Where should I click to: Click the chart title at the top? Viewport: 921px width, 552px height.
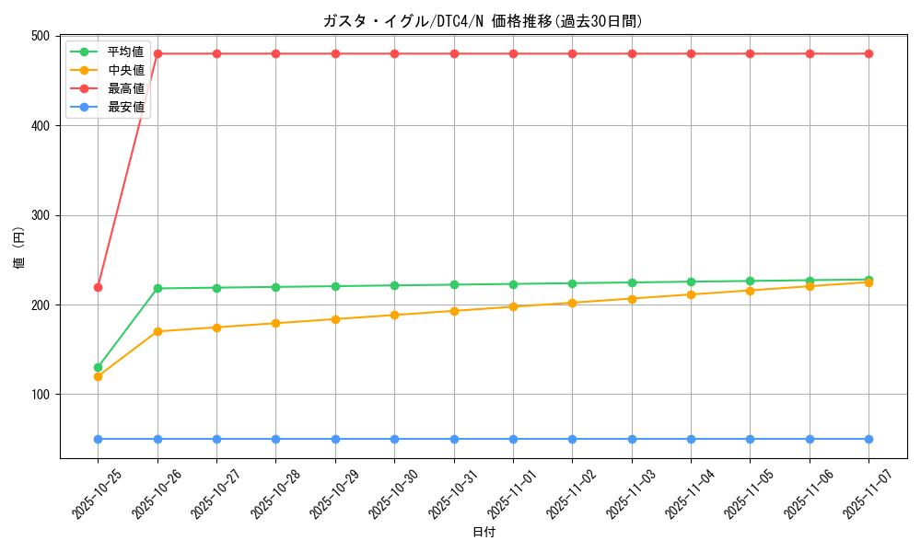coord(483,21)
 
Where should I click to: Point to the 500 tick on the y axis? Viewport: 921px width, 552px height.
coord(41,36)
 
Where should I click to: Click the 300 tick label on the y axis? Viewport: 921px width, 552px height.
coord(41,215)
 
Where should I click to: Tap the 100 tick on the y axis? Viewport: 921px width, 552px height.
coord(41,395)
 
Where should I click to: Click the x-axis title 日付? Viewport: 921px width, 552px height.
coord(484,533)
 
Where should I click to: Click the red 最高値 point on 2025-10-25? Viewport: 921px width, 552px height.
coord(98,287)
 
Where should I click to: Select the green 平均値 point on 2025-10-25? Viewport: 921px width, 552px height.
coord(98,367)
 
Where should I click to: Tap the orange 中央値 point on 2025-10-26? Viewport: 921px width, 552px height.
coord(157,331)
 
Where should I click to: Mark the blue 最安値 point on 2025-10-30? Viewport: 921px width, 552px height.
coord(394,439)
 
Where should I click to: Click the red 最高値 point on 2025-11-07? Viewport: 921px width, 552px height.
coord(869,53)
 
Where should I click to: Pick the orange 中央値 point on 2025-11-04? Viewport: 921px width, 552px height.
coord(691,294)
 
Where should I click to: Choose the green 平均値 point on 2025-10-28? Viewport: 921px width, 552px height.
coord(275,287)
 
